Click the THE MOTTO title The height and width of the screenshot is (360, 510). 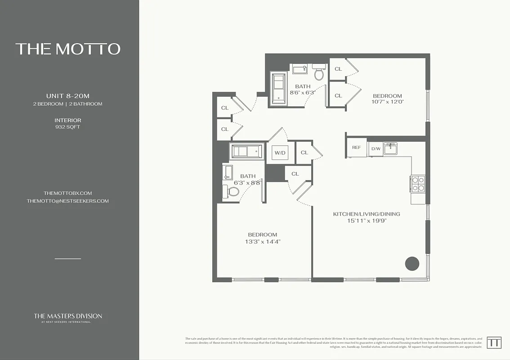pos(68,49)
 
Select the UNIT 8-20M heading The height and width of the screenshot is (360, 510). pos(67,96)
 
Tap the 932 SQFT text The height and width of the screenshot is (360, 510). pos(67,127)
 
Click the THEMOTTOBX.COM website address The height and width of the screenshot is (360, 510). pos(67,193)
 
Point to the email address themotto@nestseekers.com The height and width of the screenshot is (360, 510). pos(67,201)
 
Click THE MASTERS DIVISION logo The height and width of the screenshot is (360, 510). pos(68,317)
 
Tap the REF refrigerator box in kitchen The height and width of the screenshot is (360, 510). pos(356,148)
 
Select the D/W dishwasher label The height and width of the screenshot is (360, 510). pos(375,148)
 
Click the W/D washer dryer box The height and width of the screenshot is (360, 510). pos(280,153)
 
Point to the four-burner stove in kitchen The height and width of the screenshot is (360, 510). pos(418,184)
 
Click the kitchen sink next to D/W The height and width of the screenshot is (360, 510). pos(389,149)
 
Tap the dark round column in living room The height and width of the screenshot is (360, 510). pos(412,264)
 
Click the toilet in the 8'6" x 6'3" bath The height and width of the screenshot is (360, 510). pos(319,73)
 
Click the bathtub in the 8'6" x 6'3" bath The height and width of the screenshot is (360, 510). pos(278,88)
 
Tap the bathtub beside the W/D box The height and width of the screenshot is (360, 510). pos(246,152)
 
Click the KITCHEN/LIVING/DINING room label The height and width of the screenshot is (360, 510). pos(367,214)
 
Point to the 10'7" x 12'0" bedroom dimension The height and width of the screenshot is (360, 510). pos(388,102)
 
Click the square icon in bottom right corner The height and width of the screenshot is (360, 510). pos(494,342)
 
